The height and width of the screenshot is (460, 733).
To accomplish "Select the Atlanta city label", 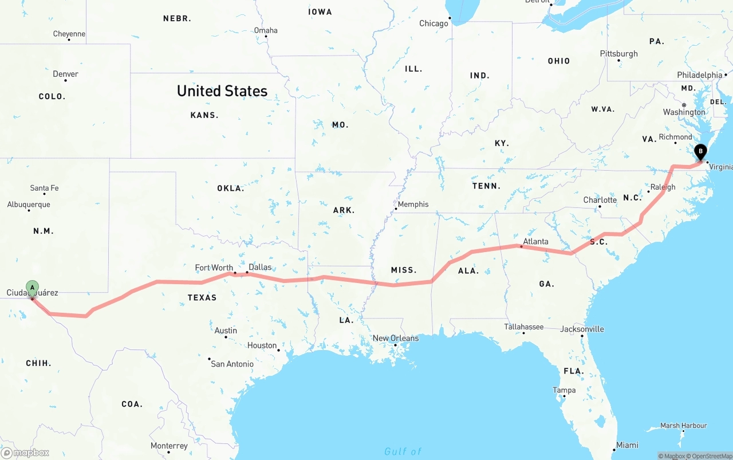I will (x=535, y=241).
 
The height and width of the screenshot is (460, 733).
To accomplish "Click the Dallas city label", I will (x=260, y=267).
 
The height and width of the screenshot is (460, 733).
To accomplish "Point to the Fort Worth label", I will (x=214, y=268).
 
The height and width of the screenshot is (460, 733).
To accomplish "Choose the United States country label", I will (x=222, y=91).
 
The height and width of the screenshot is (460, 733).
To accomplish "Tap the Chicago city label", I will (x=434, y=23).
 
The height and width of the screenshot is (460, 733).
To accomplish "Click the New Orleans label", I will (x=395, y=338).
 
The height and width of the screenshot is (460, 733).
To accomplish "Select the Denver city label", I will (x=65, y=74).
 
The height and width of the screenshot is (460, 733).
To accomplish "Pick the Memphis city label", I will (x=413, y=204).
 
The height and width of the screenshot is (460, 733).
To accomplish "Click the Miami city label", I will (x=628, y=445).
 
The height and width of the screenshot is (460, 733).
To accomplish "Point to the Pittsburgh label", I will (x=618, y=53).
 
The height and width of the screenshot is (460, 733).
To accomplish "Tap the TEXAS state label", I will (x=202, y=297).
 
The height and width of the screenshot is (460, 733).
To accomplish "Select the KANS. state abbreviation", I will (x=204, y=115).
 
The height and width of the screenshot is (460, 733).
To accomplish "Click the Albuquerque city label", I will (x=29, y=205).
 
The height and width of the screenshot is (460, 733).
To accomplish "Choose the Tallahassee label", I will (x=523, y=327).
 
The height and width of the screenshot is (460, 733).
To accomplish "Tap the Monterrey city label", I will (x=169, y=446).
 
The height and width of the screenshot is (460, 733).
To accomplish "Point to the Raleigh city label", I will (x=663, y=187).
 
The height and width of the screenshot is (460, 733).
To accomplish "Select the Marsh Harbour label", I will (x=683, y=426).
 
